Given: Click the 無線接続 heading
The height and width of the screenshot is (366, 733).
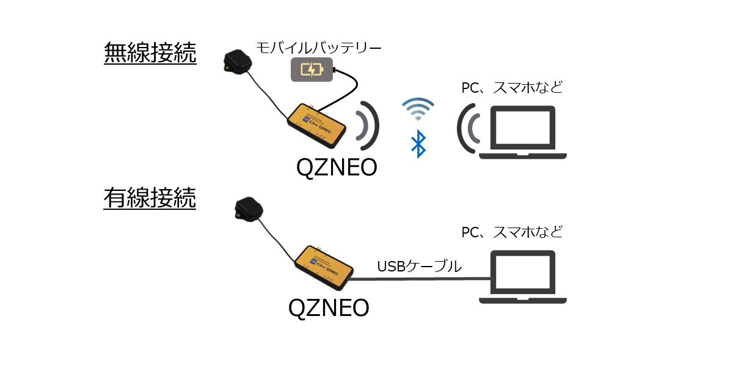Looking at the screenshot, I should tap(150, 54).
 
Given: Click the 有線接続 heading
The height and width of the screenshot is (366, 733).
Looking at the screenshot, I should tap(150, 198).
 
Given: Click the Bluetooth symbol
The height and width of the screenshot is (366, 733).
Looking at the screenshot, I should tap(418, 144).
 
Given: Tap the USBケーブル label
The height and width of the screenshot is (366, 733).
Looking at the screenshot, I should tap(419, 266).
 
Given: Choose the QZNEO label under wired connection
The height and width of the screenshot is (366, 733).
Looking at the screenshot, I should tap(328, 307).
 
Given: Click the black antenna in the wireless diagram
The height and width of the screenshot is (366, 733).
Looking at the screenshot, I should tap(237, 62).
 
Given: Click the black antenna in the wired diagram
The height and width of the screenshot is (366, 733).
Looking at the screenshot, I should tap(249, 208).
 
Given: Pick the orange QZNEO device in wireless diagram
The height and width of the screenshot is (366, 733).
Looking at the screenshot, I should tap(319, 125).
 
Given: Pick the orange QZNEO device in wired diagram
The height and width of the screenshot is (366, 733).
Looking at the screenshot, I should tap(323, 267).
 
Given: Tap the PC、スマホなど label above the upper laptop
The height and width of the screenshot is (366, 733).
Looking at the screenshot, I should tap(511, 88).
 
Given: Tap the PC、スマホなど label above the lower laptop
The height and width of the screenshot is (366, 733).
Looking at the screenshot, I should tap(511, 232).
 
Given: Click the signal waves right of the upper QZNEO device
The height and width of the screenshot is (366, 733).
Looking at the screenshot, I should tap(368, 125).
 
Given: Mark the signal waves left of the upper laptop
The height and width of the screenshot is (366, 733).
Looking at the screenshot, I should tap(469, 128).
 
